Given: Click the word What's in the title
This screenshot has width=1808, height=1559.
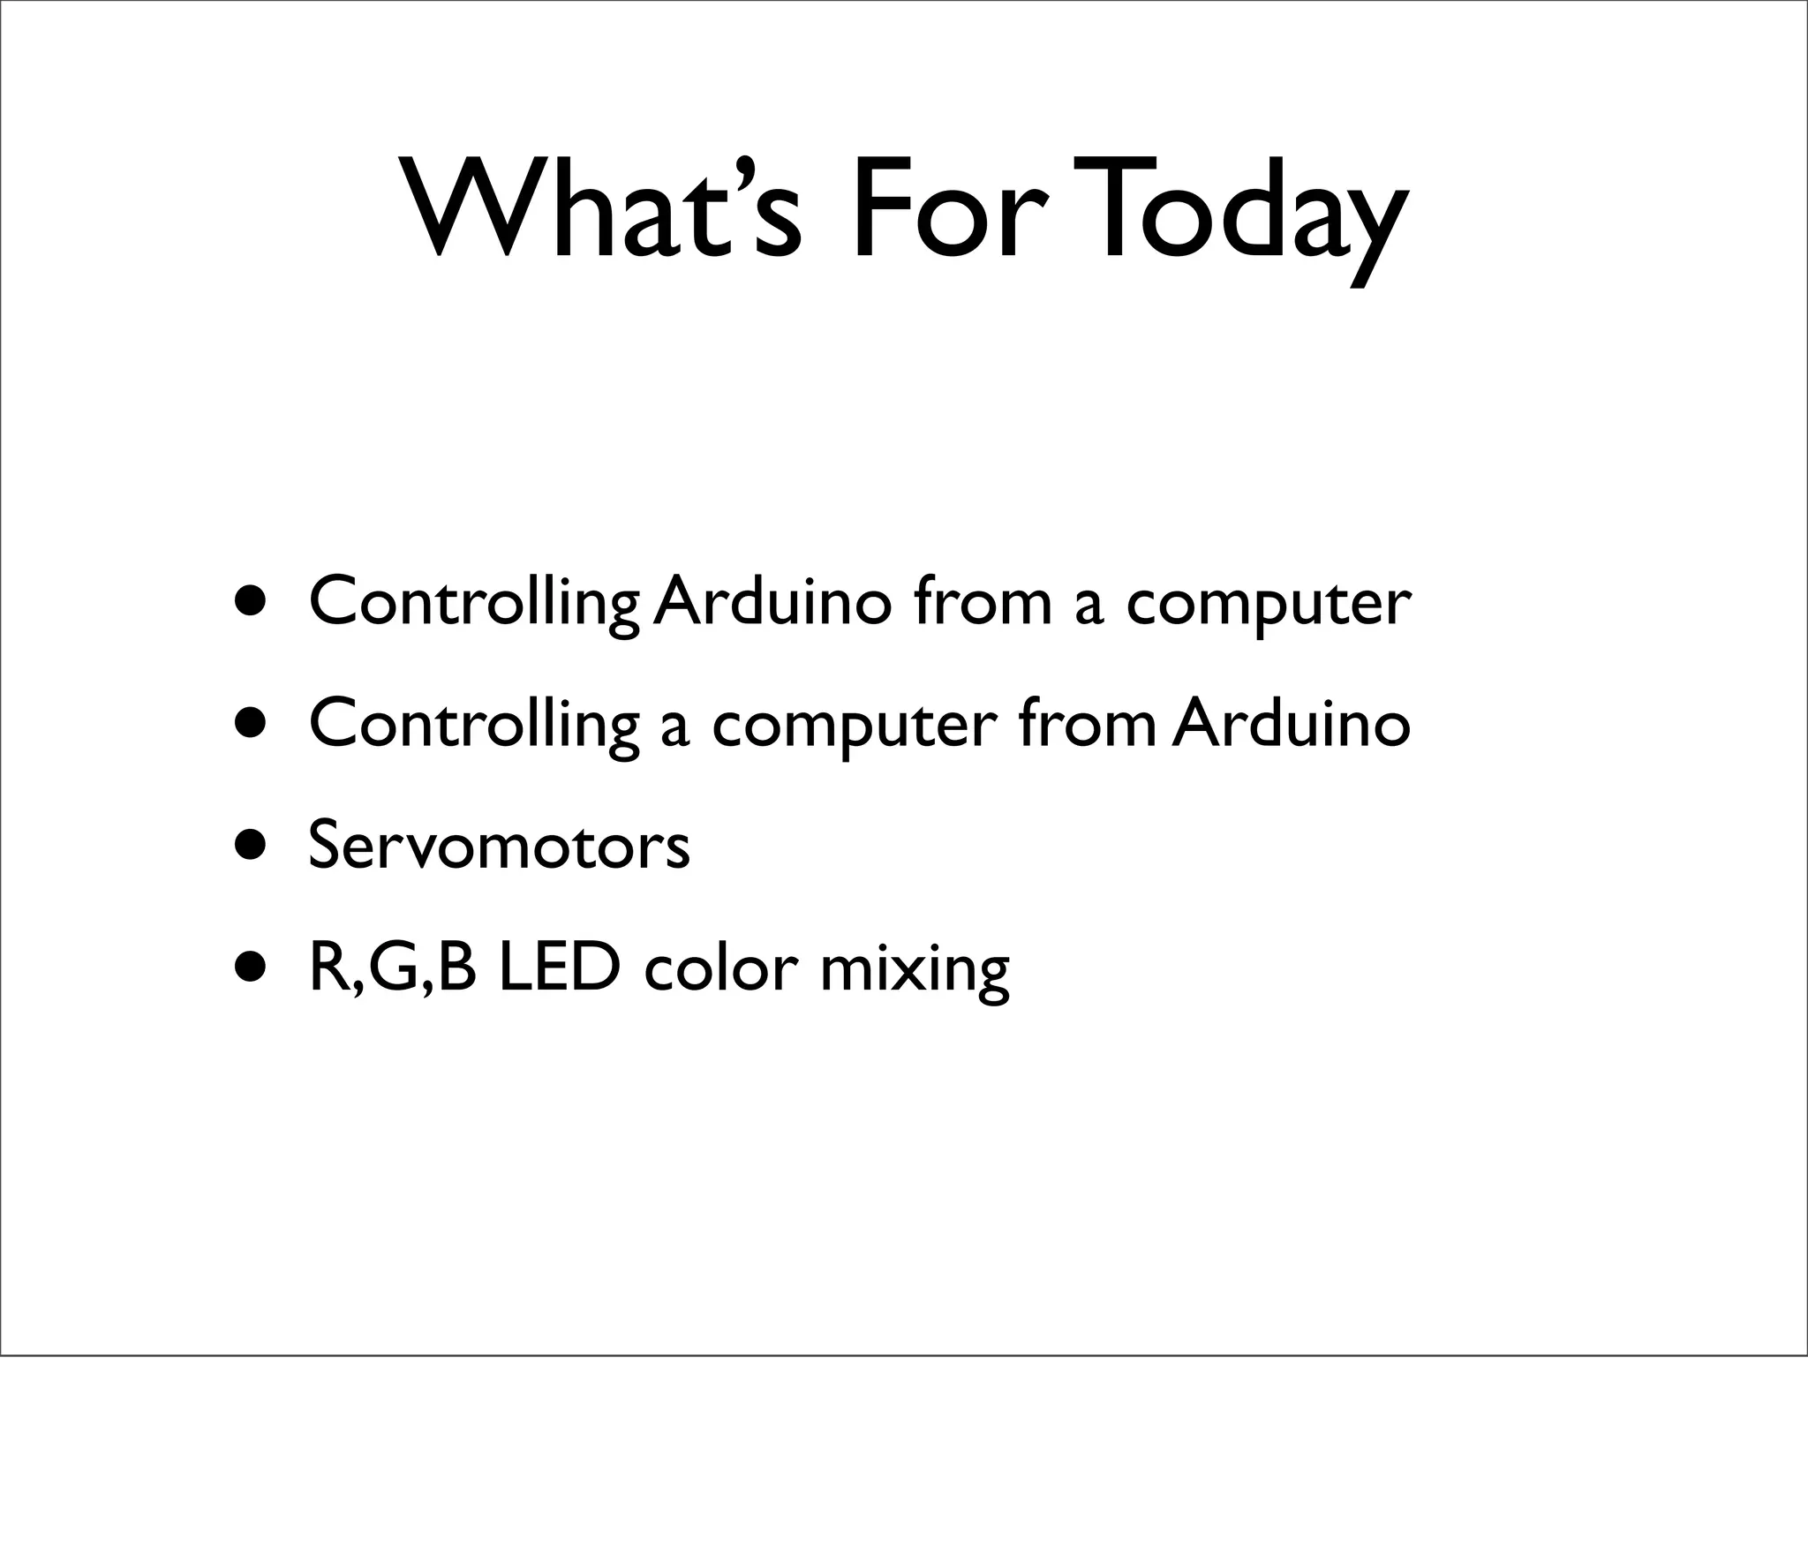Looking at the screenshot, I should (600, 210).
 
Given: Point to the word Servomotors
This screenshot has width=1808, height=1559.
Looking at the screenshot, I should (499, 846).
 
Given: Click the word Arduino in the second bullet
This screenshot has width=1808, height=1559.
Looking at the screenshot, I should (1292, 724).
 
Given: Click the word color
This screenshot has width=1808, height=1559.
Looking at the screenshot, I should (715, 968).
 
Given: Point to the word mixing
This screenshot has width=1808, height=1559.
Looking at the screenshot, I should (914, 972).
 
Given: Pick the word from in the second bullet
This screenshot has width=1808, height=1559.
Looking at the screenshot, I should (1087, 724).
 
